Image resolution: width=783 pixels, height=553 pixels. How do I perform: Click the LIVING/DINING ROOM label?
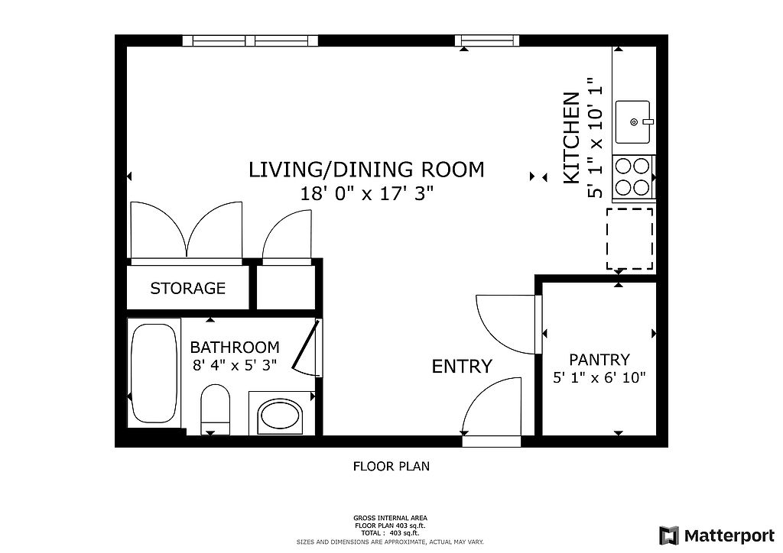click(366, 170)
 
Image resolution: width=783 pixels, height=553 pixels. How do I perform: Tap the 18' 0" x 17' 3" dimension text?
click(366, 193)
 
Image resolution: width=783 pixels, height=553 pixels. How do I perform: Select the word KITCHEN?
click(572, 138)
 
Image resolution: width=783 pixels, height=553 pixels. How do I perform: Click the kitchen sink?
click(633, 121)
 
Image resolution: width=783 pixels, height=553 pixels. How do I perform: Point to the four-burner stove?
click(633, 176)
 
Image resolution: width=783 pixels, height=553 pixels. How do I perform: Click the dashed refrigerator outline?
click(630, 239)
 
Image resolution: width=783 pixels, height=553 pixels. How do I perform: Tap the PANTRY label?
click(599, 360)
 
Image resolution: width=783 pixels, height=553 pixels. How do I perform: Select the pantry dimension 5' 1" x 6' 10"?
click(599, 377)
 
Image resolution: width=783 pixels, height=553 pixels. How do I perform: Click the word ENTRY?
click(462, 367)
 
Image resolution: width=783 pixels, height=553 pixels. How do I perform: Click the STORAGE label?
click(188, 288)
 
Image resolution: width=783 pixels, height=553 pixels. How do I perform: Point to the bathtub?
click(154, 373)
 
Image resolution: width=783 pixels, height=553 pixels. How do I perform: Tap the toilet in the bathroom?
click(215, 409)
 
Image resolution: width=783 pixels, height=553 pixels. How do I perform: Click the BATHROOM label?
click(235, 347)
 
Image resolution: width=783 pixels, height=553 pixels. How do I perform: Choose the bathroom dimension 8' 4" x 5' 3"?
click(235, 366)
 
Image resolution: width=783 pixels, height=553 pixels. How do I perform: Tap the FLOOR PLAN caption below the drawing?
click(391, 466)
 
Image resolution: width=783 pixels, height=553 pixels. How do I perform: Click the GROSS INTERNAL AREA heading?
click(391, 518)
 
